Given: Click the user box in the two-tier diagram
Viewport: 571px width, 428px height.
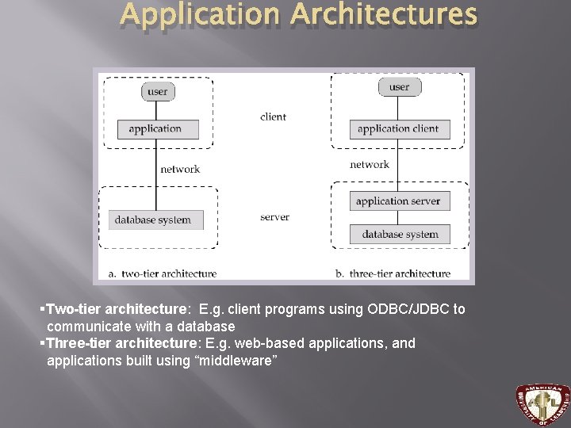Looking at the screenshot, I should [x=158, y=91].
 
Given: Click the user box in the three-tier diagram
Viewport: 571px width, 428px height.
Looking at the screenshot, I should [x=399, y=86].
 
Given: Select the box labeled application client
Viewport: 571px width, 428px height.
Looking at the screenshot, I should [x=398, y=129].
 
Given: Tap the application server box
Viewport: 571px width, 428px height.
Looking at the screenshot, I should [x=398, y=201].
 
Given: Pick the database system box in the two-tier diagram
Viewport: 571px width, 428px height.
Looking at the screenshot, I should [x=153, y=220].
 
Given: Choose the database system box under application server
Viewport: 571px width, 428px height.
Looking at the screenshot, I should [x=400, y=234].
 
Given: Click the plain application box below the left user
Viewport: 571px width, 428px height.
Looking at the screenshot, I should [x=155, y=128].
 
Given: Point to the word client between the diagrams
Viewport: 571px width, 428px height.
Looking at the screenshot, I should [x=273, y=117].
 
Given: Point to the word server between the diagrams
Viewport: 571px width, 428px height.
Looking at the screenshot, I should [x=274, y=217].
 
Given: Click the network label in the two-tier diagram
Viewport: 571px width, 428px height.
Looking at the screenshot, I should [x=180, y=169].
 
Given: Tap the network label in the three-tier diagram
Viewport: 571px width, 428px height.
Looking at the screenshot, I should [x=370, y=165].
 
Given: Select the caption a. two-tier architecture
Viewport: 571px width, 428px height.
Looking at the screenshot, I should [x=163, y=273].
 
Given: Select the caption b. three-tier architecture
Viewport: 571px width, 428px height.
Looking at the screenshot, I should [x=393, y=273].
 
